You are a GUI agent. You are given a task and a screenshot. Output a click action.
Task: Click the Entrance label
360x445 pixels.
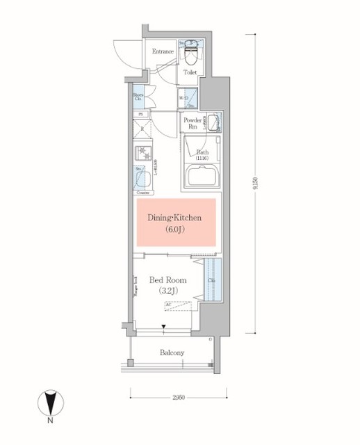[x=163, y=51]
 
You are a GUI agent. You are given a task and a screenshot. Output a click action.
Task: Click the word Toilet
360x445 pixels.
[x=190, y=72]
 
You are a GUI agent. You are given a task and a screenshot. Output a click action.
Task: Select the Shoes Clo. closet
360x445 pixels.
[x=139, y=98]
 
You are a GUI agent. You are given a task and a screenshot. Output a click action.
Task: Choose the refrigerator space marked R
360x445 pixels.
[x=142, y=129]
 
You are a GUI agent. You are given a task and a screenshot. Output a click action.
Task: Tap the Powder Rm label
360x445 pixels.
[x=193, y=122]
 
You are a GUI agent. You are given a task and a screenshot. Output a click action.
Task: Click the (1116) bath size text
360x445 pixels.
[x=202, y=159]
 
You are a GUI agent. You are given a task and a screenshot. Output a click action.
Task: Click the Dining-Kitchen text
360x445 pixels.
[x=174, y=218]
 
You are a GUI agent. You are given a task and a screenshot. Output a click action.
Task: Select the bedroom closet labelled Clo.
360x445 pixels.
[x=211, y=280]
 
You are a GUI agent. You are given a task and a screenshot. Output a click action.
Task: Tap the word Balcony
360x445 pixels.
[x=172, y=353]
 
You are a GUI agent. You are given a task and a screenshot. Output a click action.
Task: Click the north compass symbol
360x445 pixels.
[x=49, y=403]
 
